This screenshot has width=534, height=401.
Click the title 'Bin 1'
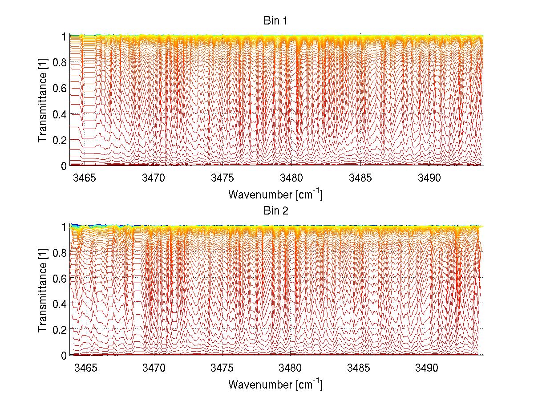pyautogui.click(x=276, y=21)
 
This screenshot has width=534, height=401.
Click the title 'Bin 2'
pyautogui.click(x=276, y=211)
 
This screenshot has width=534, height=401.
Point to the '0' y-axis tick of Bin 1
pyautogui.click(x=64, y=166)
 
